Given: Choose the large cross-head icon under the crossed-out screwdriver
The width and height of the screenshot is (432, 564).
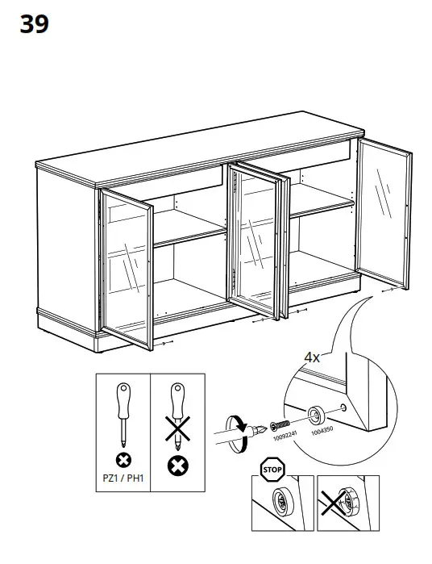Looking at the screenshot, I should [x=177, y=467].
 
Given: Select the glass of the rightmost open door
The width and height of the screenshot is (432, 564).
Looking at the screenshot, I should [x=383, y=214].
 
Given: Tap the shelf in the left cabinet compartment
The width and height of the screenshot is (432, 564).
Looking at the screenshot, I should [x=189, y=235].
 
